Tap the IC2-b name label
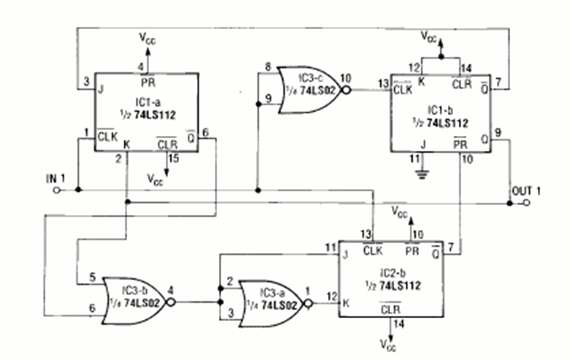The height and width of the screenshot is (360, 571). coord(393,273)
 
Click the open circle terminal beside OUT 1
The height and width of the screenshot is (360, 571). coord(528,204)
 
